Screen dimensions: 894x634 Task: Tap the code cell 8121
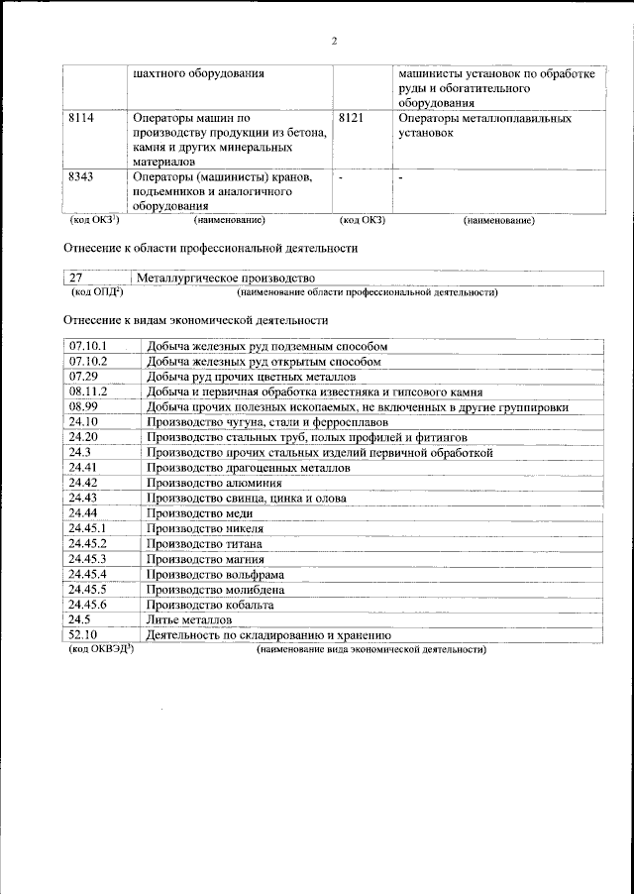coord(351,119)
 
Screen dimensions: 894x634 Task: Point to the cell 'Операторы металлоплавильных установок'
coord(484,125)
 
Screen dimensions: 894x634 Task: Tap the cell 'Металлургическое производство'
coord(226,279)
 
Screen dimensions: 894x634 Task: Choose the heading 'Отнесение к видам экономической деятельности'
coord(195,321)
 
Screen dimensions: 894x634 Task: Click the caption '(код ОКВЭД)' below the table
coord(102,649)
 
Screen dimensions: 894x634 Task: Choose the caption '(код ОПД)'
coord(96,292)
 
